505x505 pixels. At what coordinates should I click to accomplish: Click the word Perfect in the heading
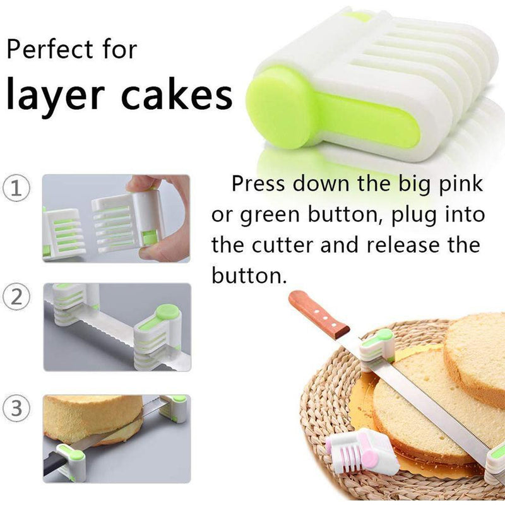pos(50,49)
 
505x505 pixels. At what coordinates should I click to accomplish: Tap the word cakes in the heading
pos(177,94)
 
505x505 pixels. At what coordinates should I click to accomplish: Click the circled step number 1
pos(16,188)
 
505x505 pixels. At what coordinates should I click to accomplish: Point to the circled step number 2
pos(16,297)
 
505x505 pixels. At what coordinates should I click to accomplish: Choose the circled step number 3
pos(16,408)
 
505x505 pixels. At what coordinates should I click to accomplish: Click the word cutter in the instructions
pos(282,245)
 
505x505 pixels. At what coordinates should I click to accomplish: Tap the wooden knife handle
pos(319,314)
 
